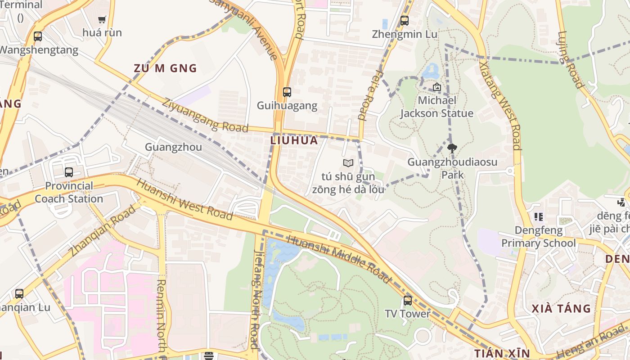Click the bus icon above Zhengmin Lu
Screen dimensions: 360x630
[x=404, y=20]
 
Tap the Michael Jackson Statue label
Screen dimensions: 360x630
[x=436, y=107]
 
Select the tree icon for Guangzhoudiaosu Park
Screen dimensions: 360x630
[x=452, y=148]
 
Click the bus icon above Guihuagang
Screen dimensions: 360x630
[x=287, y=92]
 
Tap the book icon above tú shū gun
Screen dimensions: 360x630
[x=348, y=163]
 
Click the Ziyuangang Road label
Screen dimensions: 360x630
[x=205, y=115]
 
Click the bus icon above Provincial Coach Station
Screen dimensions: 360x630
[x=69, y=172]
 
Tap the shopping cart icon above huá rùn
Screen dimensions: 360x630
[x=102, y=19]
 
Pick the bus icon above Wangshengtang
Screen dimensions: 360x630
[x=38, y=36]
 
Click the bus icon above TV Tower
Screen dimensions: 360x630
[x=407, y=300]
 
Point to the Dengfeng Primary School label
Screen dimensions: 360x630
[x=538, y=237]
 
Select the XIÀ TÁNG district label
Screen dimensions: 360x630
[x=561, y=309]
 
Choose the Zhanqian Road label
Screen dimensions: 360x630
[x=102, y=230]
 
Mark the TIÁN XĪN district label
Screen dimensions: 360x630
[x=502, y=353]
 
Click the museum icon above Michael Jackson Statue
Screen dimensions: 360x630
[x=436, y=87]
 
